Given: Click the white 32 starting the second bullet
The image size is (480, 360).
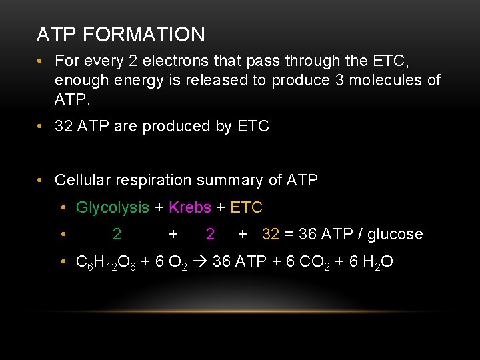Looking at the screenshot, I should (x=64, y=126).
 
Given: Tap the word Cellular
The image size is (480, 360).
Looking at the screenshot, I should (x=83, y=180).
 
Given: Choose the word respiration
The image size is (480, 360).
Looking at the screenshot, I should (x=153, y=180).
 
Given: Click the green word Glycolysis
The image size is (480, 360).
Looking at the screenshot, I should (x=113, y=207).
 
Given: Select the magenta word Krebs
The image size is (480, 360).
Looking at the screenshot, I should (x=190, y=207).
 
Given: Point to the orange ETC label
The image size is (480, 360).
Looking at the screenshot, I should (x=246, y=207).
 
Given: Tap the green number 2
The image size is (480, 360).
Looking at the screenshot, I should (x=117, y=234).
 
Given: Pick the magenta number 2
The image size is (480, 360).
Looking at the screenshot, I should (x=210, y=234).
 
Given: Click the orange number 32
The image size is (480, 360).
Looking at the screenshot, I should (x=271, y=234).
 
